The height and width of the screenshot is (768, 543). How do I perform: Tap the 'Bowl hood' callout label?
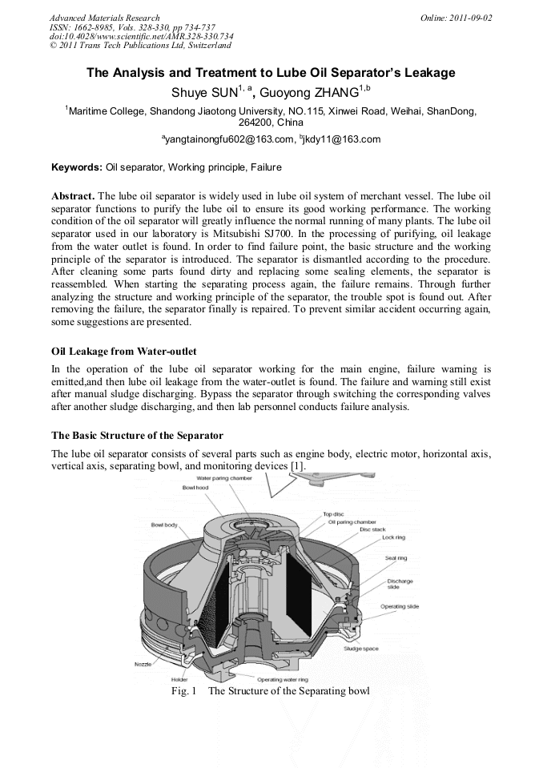[195, 488]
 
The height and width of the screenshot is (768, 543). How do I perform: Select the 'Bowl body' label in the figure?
[164, 525]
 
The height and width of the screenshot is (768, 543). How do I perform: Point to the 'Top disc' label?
[334, 514]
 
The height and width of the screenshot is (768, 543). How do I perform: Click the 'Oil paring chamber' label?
[352, 522]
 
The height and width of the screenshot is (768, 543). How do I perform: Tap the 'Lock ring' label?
[393, 538]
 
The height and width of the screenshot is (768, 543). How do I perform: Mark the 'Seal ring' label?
[396, 558]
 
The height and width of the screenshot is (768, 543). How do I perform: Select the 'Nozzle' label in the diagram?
[142, 664]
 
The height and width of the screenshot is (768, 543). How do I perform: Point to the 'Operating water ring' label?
[282, 679]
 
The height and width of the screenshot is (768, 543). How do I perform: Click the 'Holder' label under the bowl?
[179, 679]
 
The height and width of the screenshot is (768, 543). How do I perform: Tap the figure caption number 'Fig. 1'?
[183, 690]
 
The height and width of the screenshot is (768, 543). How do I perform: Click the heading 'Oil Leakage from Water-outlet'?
[123, 352]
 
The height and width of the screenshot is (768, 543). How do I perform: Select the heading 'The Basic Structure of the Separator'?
[137, 436]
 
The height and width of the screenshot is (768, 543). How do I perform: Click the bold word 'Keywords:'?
[77, 167]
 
